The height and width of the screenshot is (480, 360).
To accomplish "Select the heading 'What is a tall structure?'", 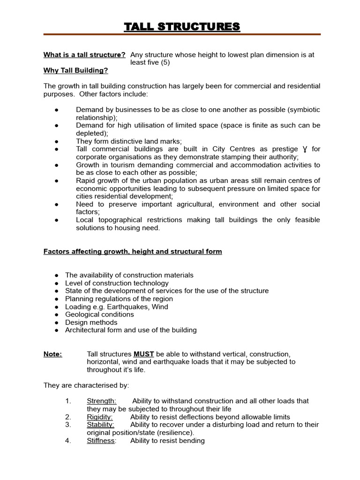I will tap(84, 55).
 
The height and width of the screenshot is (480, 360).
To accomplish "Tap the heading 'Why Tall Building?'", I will tap(75, 70).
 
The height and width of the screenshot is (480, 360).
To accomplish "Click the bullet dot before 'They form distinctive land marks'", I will tap(56, 141).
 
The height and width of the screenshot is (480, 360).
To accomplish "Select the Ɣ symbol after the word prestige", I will tap(305, 150).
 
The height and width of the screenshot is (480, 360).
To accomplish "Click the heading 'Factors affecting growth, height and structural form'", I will tap(133, 252).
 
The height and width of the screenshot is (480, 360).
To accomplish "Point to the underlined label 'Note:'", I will tap(52, 354).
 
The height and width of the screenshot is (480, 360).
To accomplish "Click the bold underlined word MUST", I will tap(144, 354).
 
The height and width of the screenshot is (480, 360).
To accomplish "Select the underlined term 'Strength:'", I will tap(102, 401).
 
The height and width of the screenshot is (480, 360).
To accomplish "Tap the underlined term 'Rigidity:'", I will tap(100, 417).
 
